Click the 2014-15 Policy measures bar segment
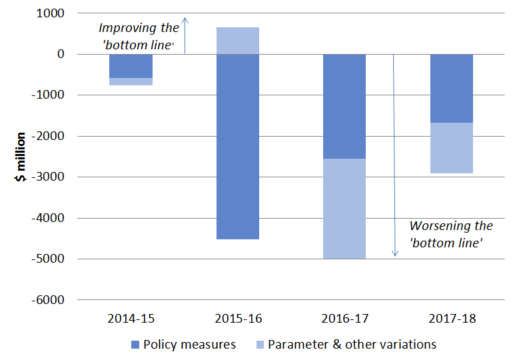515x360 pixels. (x=131, y=66)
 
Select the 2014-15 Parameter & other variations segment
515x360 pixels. (x=131, y=81)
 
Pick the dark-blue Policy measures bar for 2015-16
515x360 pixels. (x=238, y=147)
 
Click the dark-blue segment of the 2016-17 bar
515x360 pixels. (x=344, y=107)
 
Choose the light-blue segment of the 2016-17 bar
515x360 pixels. (x=344, y=209)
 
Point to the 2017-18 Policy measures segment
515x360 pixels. (x=452, y=88)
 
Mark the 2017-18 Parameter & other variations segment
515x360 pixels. (x=452, y=148)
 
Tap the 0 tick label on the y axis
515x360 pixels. (x=61, y=54)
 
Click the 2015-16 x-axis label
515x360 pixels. (x=238, y=319)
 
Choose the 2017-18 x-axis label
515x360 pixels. (x=452, y=319)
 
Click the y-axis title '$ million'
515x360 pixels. (x=21, y=157)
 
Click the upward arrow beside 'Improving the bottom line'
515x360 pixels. (x=186, y=35)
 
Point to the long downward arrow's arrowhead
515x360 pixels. (x=394, y=253)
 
